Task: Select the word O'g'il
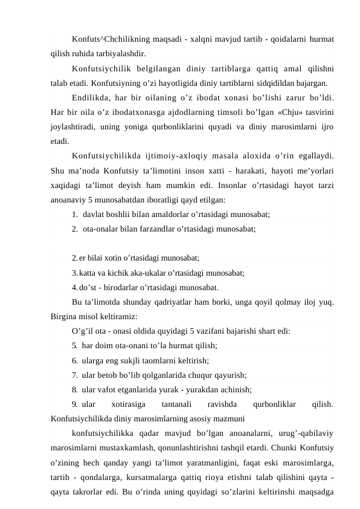[x=82, y=331]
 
